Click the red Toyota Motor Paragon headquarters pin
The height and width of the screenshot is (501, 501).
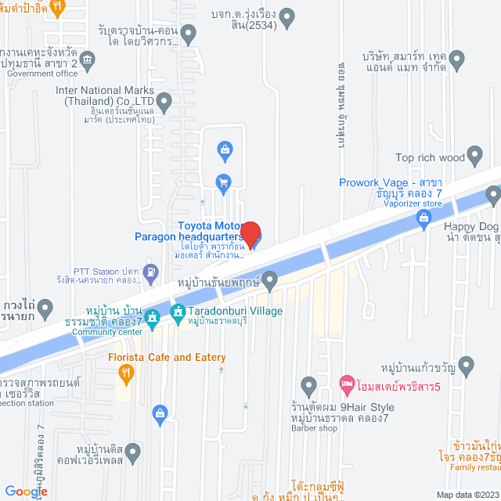point(250,232)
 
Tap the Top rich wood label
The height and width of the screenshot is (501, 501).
point(431,157)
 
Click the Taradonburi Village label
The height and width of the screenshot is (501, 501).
point(234,311)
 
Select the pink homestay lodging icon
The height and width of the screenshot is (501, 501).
point(346,385)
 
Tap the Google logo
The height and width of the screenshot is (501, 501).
point(26,491)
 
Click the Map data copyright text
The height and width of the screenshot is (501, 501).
point(467,495)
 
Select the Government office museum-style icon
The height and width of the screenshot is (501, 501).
point(87,59)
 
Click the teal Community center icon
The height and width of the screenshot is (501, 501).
point(153,316)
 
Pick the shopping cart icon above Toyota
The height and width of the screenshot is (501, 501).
point(223,182)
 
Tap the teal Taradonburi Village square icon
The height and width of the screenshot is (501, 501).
point(178,310)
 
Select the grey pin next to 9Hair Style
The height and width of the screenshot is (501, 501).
point(308,385)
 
